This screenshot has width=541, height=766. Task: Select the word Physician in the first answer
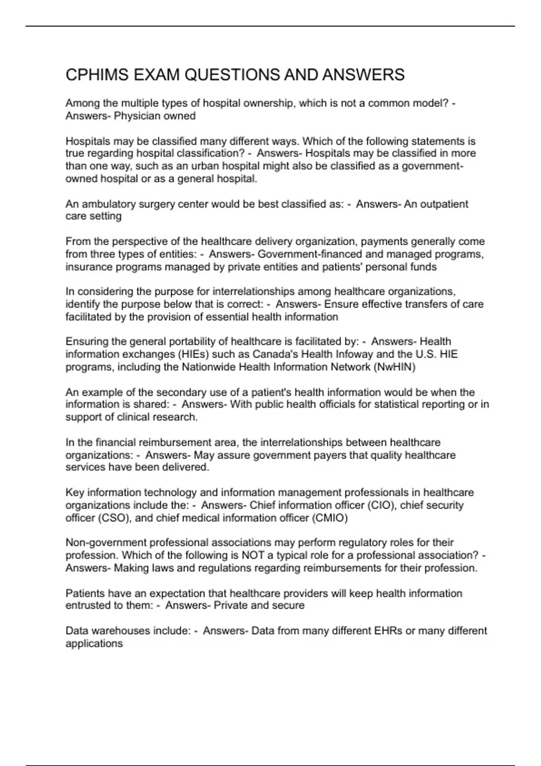[136, 116]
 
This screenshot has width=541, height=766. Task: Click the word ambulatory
[109, 204]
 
